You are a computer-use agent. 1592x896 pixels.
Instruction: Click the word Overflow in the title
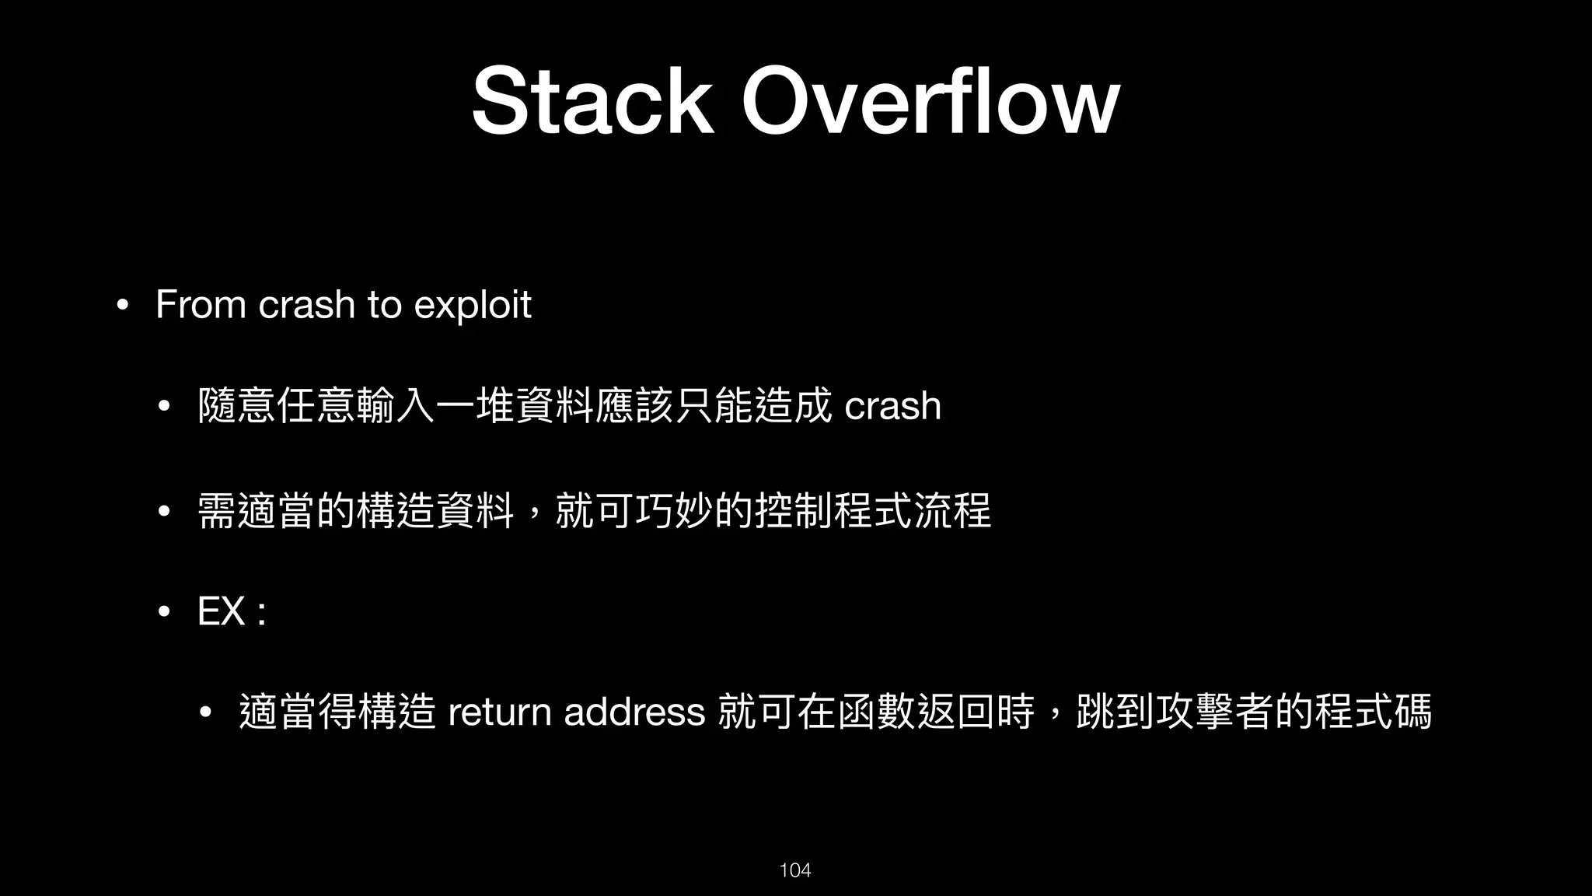point(930,101)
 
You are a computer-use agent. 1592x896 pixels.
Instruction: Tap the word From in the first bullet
point(201,304)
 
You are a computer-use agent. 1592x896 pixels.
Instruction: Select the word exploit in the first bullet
point(473,304)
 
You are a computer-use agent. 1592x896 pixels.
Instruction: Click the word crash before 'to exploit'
point(306,304)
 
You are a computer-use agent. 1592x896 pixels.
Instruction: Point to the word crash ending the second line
point(892,406)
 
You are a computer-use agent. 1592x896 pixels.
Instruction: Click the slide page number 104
point(795,870)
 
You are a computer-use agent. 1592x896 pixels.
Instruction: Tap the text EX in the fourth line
point(222,611)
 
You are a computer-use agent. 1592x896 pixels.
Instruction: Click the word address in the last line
point(634,712)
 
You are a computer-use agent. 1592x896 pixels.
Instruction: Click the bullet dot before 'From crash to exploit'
point(120,305)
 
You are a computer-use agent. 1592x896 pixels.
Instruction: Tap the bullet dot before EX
point(163,612)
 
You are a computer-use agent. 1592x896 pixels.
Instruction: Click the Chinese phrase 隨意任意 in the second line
point(277,406)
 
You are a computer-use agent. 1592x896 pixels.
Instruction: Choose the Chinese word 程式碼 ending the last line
point(1373,712)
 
